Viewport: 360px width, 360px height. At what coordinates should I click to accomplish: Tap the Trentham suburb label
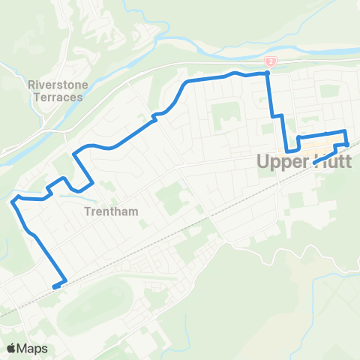108,211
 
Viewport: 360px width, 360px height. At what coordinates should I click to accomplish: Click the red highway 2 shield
269,61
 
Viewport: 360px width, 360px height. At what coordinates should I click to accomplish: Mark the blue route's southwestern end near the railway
55,286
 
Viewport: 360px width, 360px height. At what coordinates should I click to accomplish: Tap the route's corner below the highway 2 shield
268,73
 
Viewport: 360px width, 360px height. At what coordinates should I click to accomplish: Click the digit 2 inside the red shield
269,61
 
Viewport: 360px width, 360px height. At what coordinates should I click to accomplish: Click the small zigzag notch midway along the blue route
155,115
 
